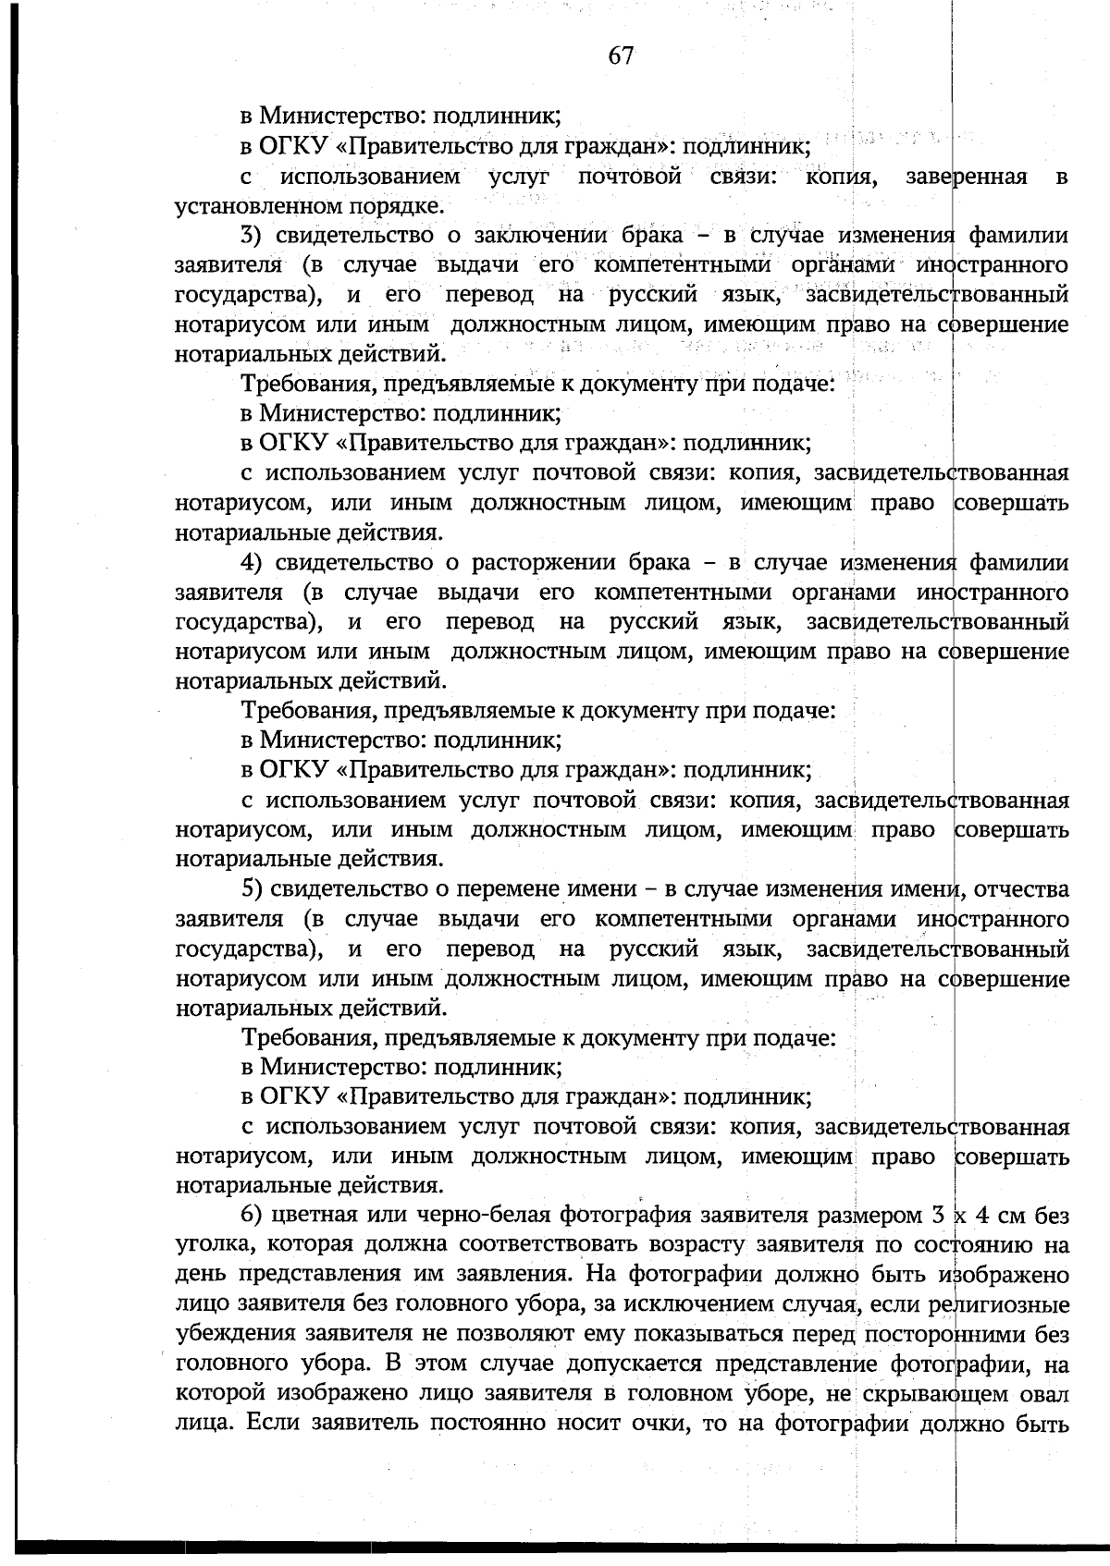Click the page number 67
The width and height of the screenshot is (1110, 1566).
pyautogui.click(x=621, y=55)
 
